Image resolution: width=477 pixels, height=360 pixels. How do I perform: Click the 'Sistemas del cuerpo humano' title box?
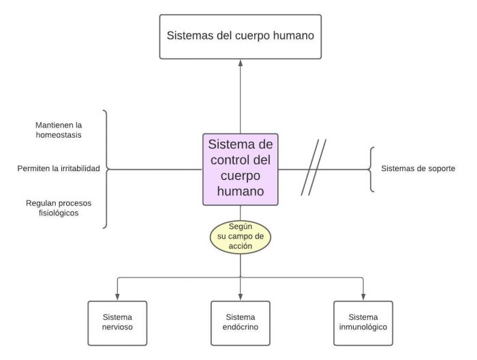(241, 36)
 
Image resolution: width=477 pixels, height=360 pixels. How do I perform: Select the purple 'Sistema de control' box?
(241, 168)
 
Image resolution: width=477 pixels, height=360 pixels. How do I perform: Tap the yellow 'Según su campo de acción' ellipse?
(241, 235)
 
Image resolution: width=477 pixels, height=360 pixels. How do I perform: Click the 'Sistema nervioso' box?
(117, 322)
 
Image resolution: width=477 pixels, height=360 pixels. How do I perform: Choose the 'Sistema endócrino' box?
(240, 322)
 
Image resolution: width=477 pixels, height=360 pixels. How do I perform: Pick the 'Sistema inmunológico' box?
(363, 322)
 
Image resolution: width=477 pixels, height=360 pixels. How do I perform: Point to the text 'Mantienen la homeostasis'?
(59, 130)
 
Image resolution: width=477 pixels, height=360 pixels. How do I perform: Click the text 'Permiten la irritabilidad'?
(59, 168)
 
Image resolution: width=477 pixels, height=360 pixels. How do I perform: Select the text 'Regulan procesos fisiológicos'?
(59, 208)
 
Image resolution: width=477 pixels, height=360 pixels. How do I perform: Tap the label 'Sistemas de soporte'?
(418, 168)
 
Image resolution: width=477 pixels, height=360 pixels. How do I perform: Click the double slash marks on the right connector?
(314, 168)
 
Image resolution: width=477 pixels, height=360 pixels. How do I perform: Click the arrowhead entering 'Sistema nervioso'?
(117, 297)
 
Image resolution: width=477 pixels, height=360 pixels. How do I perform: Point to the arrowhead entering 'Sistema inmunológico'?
(363, 297)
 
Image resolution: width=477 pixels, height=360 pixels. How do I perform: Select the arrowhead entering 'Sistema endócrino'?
(240, 297)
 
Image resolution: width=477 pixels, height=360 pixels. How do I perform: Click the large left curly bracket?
(106, 168)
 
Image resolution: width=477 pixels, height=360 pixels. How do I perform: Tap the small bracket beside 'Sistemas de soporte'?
(371, 168)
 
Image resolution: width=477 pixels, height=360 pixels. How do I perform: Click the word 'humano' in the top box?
(292, 35)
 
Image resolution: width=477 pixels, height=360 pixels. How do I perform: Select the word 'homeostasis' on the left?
(59, 135)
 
